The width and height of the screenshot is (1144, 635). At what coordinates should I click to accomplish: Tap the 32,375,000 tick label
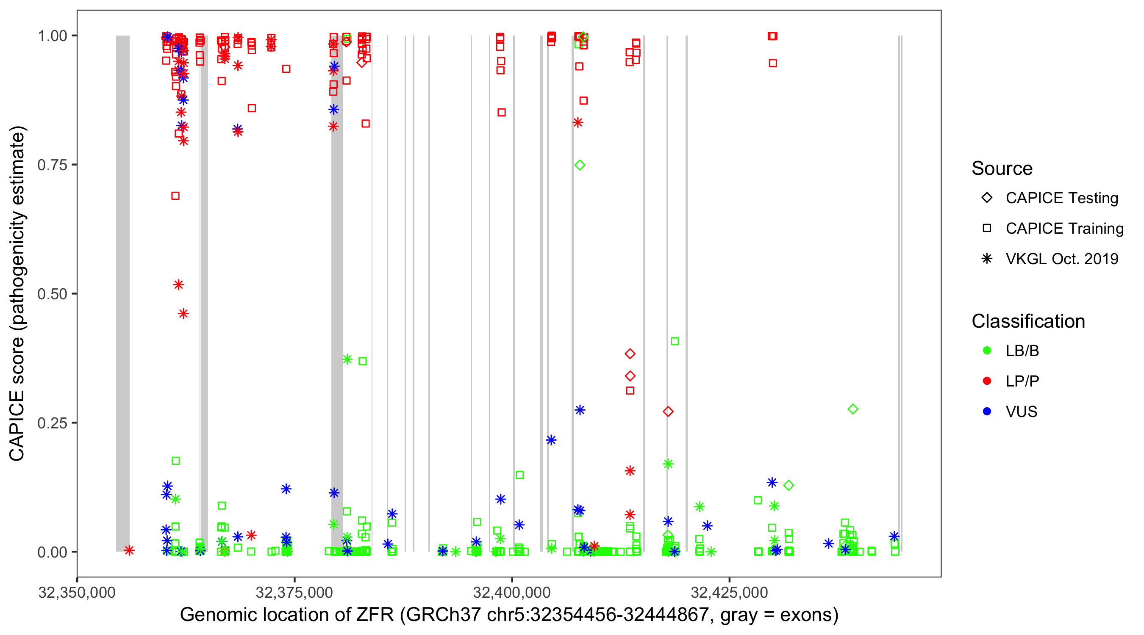294,593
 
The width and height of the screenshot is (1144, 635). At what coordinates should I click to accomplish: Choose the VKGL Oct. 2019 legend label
1062,259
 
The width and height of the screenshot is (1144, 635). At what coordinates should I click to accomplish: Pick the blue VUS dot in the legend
987,412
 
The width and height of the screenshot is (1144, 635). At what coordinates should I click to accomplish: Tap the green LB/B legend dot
987,351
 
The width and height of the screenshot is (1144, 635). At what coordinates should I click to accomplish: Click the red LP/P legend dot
987,381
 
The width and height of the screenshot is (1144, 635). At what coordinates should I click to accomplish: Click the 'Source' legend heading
1002,168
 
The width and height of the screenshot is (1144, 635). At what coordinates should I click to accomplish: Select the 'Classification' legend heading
1028,321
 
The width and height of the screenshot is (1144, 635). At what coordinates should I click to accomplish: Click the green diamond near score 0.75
580,165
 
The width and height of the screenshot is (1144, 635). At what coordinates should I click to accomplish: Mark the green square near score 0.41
675,341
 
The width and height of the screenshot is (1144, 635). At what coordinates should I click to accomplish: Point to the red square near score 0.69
175,196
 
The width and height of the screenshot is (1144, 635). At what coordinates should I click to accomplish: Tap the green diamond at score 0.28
852,409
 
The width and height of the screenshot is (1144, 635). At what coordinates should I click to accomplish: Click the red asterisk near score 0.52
178,285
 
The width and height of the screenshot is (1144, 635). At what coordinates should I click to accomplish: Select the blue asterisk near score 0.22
551,440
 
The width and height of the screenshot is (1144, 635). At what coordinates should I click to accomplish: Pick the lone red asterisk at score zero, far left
129,551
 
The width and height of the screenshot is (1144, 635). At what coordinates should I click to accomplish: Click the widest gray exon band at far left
123,293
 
